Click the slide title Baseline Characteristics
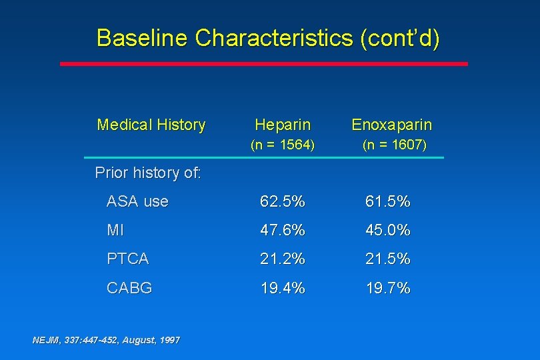pos(268,38)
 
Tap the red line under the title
pos(264,64)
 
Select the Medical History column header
pos(151,125)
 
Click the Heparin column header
pos(283,125)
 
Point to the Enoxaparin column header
pos(391,125)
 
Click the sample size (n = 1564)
pos(282,145)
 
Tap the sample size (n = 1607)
pos(394,145)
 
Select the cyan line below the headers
pos(264,157)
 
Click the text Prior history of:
pos(148,173)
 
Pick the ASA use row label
pos(137,201)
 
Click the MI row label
pos(115,231)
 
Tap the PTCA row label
pos(127,259)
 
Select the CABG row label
pos(129,288)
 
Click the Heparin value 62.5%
pos(283,201)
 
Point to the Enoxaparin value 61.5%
pos(387,201)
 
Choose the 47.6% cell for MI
pos(283,231)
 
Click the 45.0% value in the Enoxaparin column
pos(387,231)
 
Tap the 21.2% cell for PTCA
pos(283,259)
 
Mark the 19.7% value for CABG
pos(387,288)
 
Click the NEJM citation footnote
pos(106,340)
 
